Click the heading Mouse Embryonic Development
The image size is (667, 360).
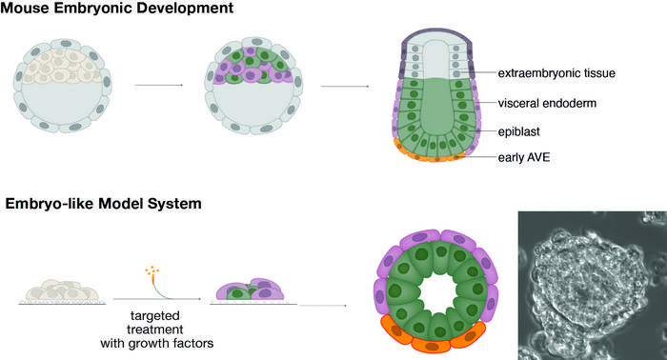coord(120,11)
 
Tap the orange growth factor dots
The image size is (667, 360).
coord(151,271)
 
